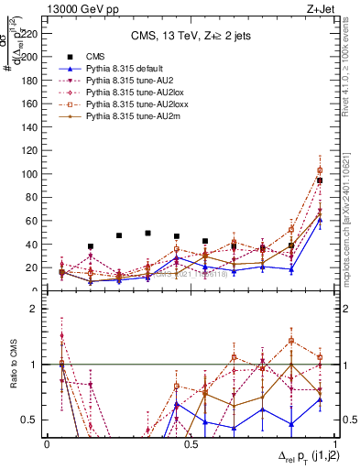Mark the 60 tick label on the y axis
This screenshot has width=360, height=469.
pyautogui.click(x=35, y=221)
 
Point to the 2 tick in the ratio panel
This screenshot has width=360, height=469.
pyautogui.click(x=38, y=310)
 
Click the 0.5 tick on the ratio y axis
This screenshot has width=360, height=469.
pyautogui.click(x=34, y=420)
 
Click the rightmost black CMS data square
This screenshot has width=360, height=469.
pyautogui.click(x=320, y=180)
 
